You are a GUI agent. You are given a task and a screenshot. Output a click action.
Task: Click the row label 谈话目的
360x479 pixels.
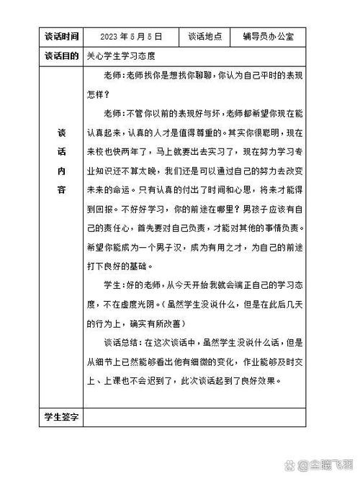pos(60,55)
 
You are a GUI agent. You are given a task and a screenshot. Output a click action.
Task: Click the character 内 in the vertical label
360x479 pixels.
pos(60,173)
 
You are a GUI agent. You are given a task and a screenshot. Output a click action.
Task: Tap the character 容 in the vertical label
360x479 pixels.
pos(60,189)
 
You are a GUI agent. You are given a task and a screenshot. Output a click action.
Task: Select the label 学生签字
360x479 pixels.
pos(60,417)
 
